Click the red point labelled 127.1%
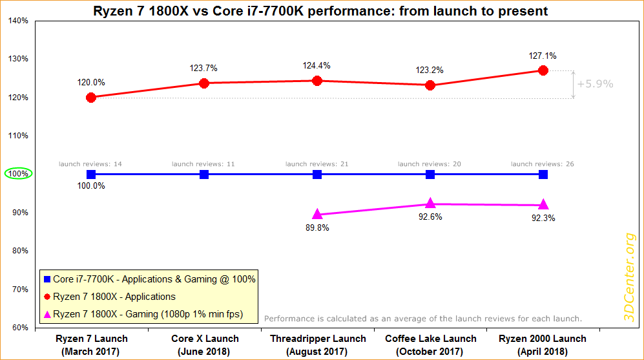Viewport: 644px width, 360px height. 543,70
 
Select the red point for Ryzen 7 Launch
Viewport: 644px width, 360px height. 91,98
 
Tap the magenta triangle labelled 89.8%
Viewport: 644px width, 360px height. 317,214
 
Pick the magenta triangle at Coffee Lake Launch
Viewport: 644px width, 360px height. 430,204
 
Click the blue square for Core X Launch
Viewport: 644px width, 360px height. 204,175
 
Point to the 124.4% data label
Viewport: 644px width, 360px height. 317,66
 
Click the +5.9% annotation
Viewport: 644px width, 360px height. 595,84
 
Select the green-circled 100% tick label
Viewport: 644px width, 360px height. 18,175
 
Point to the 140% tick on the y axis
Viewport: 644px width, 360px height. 19,21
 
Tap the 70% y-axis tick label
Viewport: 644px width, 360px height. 20,290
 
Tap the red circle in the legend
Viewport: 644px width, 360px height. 47,297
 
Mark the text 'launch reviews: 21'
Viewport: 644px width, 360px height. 317,164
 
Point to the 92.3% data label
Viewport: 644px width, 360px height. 543,218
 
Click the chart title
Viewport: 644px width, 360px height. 322,10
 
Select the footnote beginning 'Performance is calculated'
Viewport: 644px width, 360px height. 424,319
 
